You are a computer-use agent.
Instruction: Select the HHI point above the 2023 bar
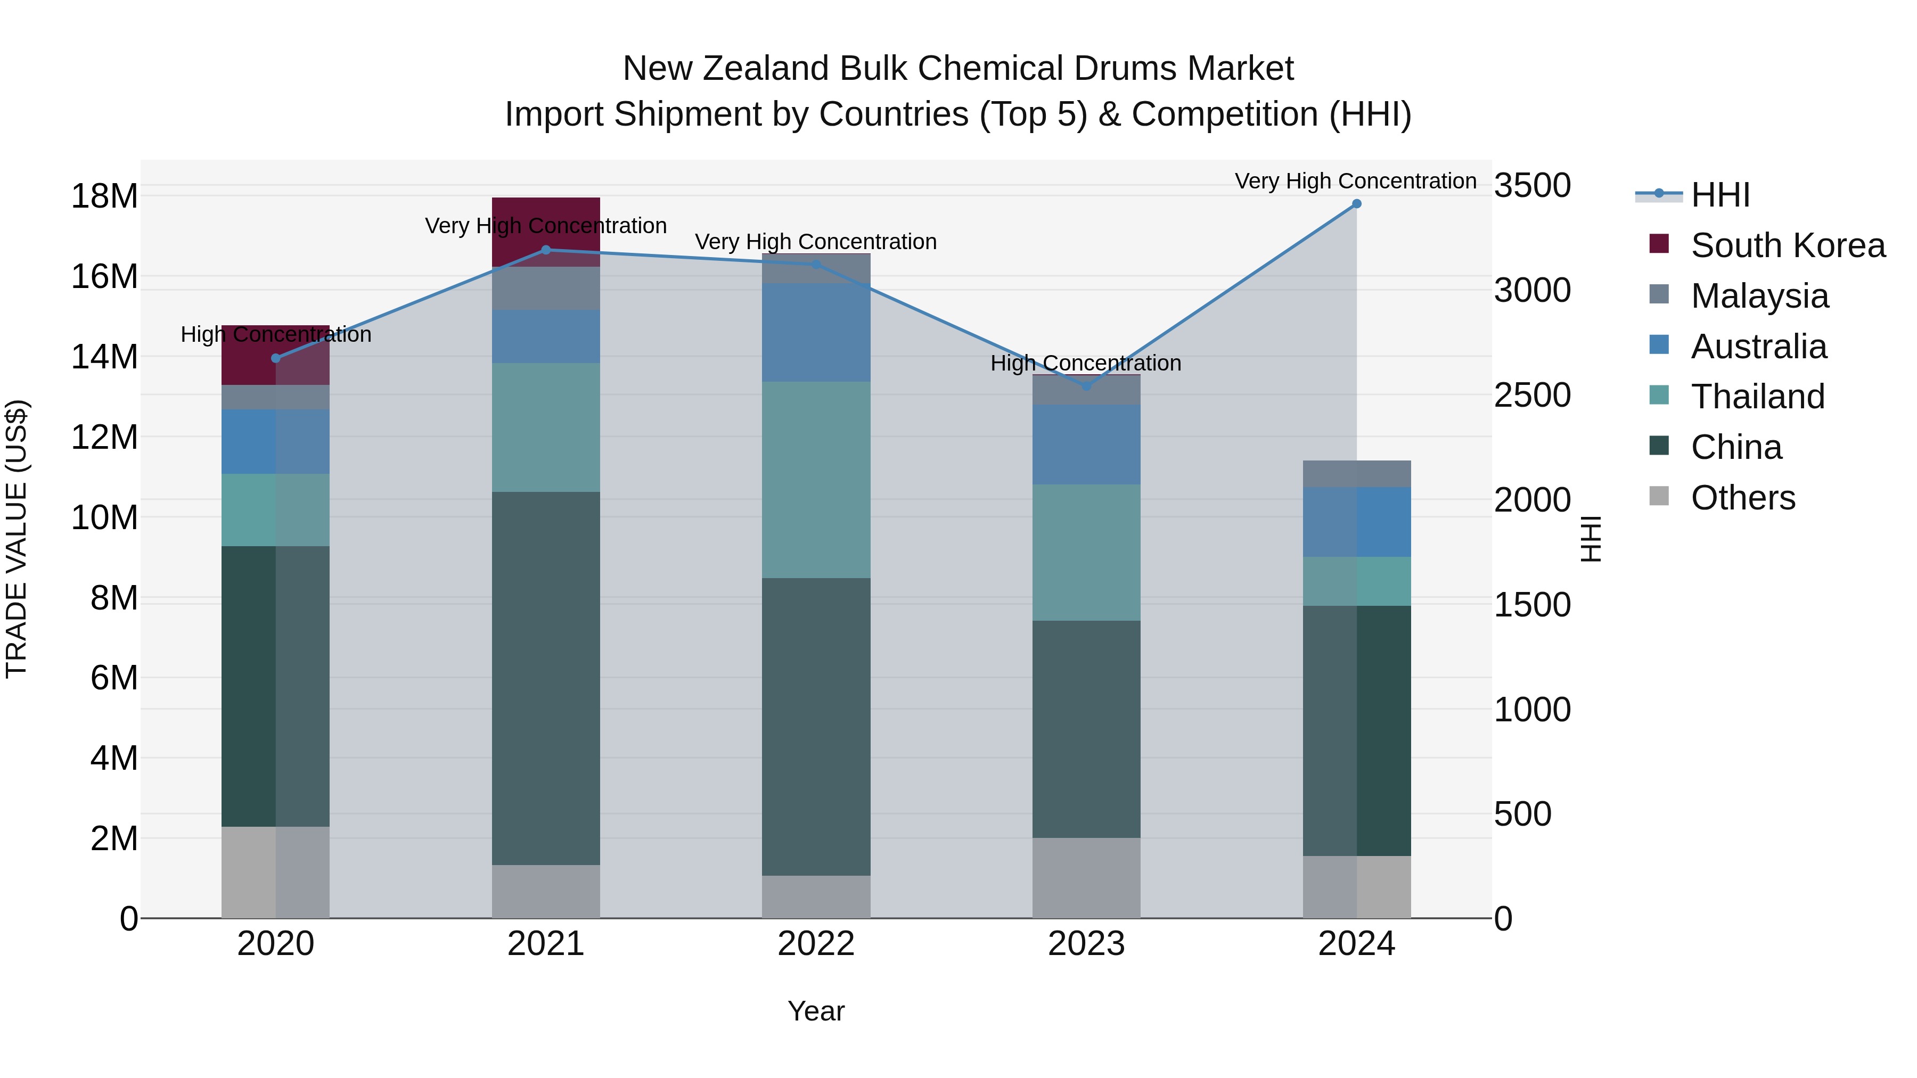[1086, 386]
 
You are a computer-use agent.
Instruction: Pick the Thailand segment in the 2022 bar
[816, 480]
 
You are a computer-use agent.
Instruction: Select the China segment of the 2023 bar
[1086, 729]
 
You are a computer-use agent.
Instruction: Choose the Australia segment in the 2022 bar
[816, 333]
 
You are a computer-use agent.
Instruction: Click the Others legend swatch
[1659, 496]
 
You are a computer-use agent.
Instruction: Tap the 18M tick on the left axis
[104, 196]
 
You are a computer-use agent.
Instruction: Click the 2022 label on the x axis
[816, 944]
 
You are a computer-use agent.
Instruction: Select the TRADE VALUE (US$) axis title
[17, 539]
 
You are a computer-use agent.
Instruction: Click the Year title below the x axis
[816, 1011]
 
